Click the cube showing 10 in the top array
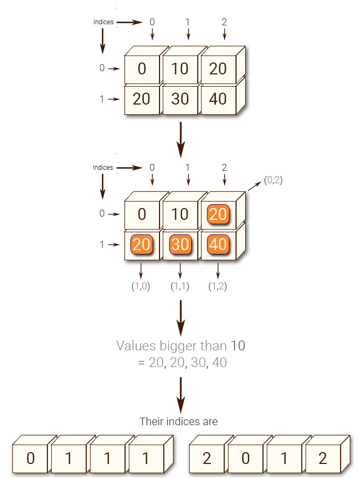click(180, 69)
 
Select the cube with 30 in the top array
click(180, 99)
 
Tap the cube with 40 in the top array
click(218, 99)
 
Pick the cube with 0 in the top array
click(142, 69)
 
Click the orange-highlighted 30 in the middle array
click(180, 245)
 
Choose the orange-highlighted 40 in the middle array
click(218, 245)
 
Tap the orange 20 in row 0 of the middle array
click(218, 214)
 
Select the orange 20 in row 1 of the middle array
click(142, 245)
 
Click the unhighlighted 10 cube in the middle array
click(180, 214)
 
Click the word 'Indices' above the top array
click(103, 22)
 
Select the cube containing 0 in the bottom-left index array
click(30, 459)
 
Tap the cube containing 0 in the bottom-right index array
click(245, 459)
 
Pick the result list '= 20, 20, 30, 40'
click(182, 363)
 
